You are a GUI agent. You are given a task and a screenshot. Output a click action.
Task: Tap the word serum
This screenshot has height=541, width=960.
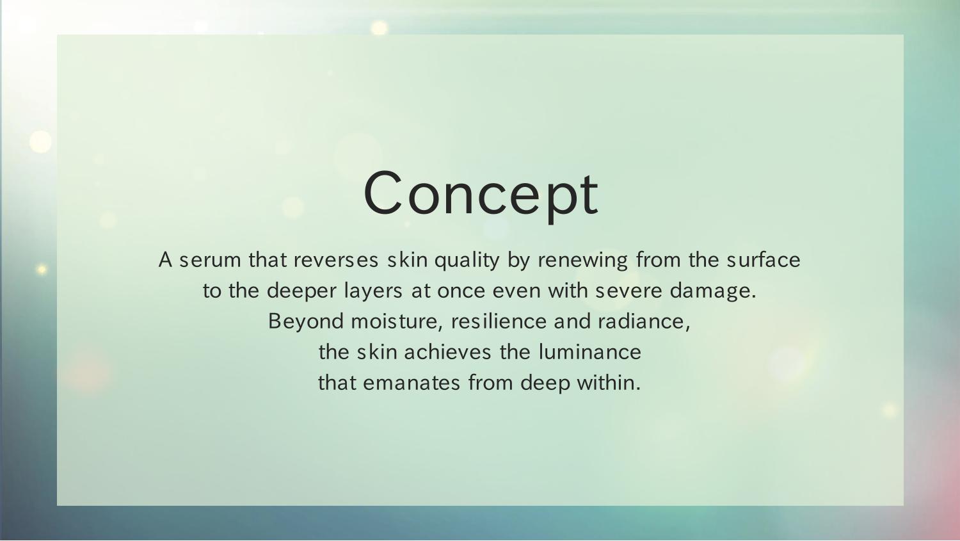point(210,260)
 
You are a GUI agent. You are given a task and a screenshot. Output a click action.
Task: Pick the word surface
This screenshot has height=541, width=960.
point(764,260)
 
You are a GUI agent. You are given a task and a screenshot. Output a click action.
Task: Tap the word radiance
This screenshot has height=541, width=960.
point(644,322)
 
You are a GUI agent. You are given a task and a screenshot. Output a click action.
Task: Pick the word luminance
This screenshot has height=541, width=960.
point(589,352)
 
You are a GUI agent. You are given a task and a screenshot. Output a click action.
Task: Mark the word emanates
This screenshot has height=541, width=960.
point(412,384)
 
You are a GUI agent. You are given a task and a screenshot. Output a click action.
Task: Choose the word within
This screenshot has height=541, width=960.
point(609,382)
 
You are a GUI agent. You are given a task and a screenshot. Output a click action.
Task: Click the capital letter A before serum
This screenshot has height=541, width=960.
point(165,260)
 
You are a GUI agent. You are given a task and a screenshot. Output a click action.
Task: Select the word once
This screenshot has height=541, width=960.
point(461,292)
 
